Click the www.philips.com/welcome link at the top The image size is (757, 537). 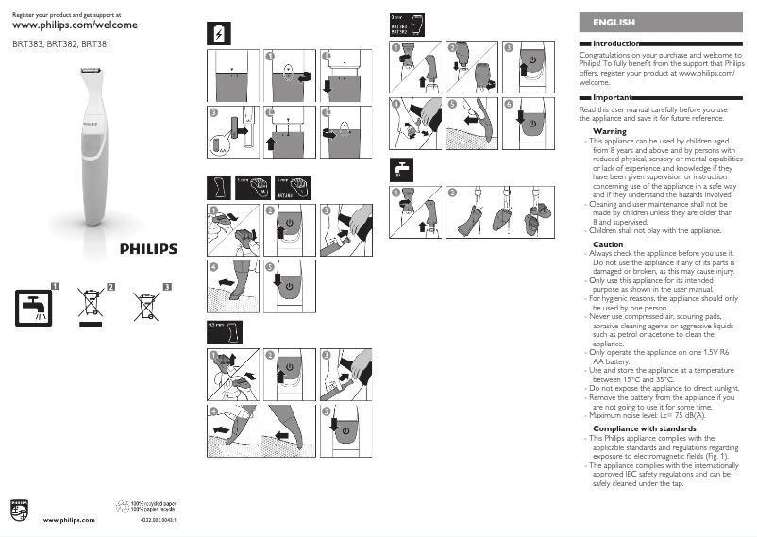tap(76, 26)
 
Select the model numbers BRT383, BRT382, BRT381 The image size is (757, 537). tap(54, 43)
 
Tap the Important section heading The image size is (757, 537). tap(613, 97)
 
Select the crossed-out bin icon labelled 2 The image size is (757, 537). tap(89, 304)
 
